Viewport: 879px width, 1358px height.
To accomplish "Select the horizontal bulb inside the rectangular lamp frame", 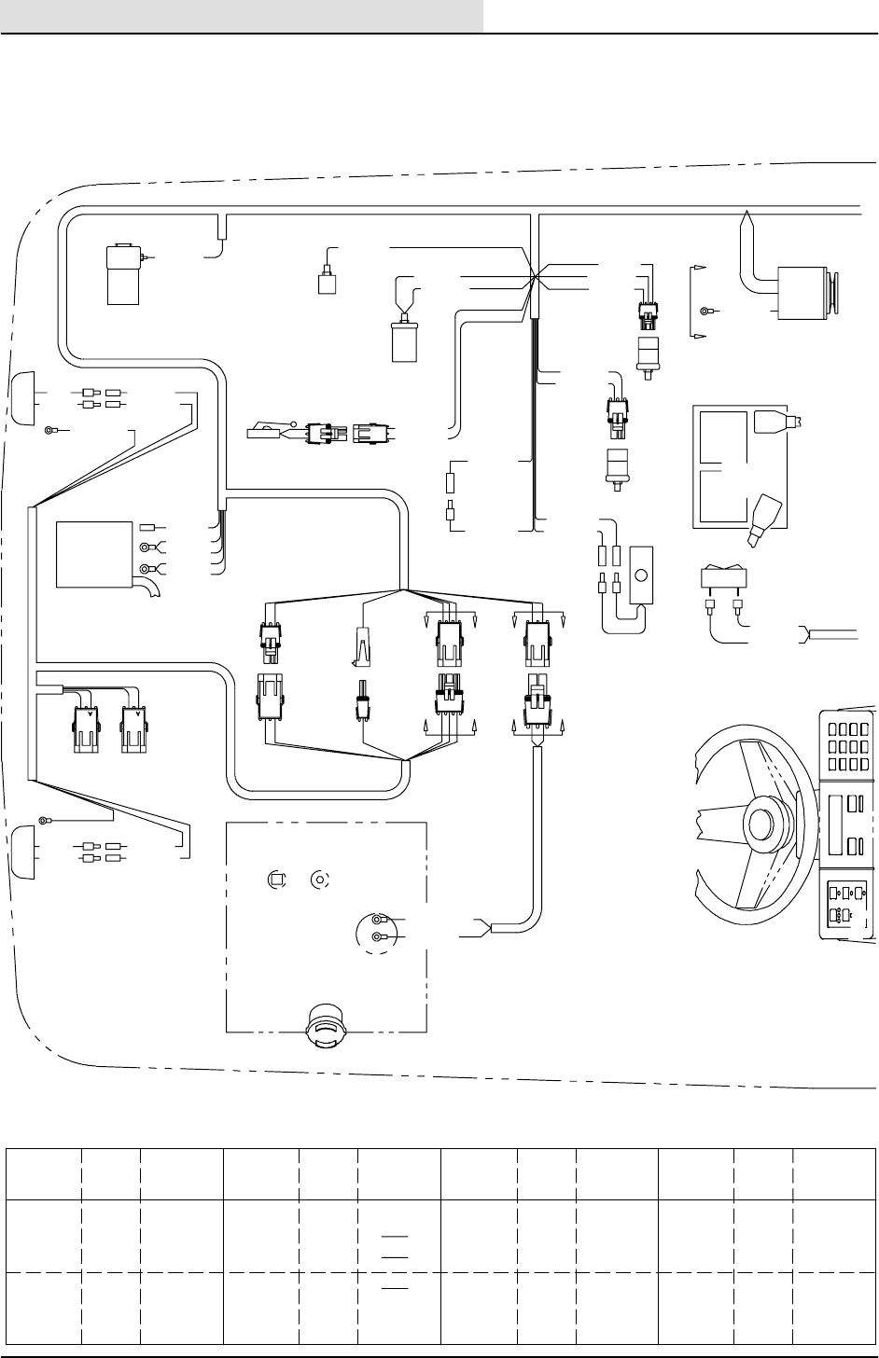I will [773, 423].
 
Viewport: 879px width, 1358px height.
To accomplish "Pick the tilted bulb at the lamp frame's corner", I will [764, 511].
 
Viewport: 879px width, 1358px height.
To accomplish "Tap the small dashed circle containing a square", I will [275, 879].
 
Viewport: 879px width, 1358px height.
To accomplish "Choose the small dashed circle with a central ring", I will [320, 879].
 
